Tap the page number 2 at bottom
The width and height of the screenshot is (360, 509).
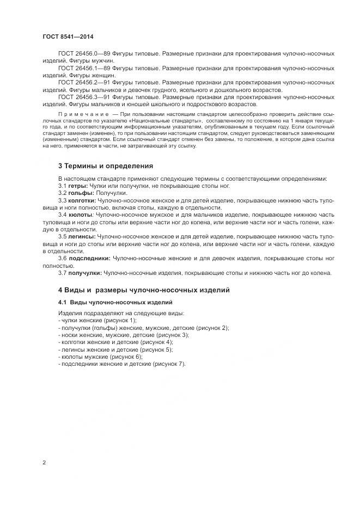coord(44,462)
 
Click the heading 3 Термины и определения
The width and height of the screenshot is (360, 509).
coord(106,165)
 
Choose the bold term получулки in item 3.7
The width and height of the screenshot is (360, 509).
coord(86,272)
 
